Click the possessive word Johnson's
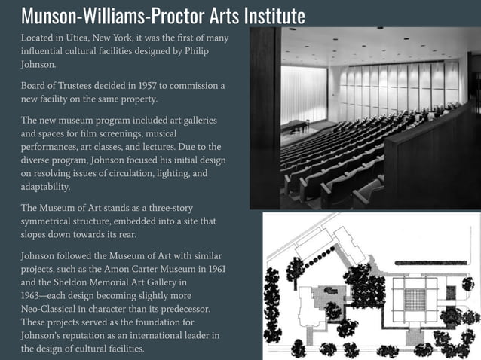pos(46,334)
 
